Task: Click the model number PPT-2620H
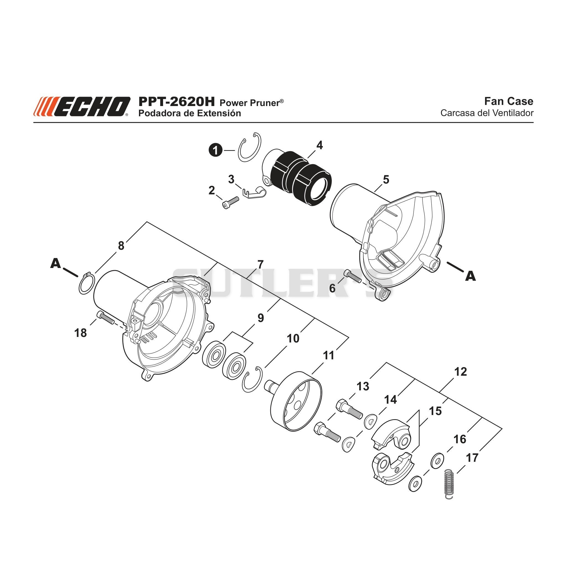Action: click(177, 102)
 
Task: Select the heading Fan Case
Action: click(509, 101)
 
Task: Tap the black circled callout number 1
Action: click(216, 151)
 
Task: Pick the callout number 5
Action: click(386, 179)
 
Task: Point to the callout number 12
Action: click(460, 372)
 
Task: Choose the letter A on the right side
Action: click(470, 276)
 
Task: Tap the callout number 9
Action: click(261, 318)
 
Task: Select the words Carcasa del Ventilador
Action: click(487, 113)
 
